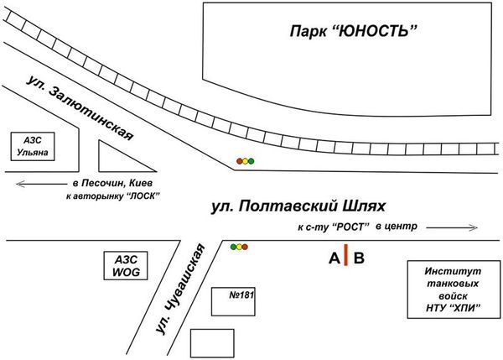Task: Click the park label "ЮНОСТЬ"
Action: click(x=352, y=32)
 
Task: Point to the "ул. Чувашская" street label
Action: click(x=179, y=290)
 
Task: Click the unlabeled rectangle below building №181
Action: click(x=212, y=342)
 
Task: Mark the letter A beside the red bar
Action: click(x=334, y=258)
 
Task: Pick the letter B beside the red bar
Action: click(x=359, y=258)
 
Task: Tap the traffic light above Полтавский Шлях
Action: click(x=244, y=159)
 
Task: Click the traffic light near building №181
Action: click(x=240, y=247)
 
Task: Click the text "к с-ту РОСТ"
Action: click(x=334, y=227)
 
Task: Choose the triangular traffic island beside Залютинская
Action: click(x=114, y=156)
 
